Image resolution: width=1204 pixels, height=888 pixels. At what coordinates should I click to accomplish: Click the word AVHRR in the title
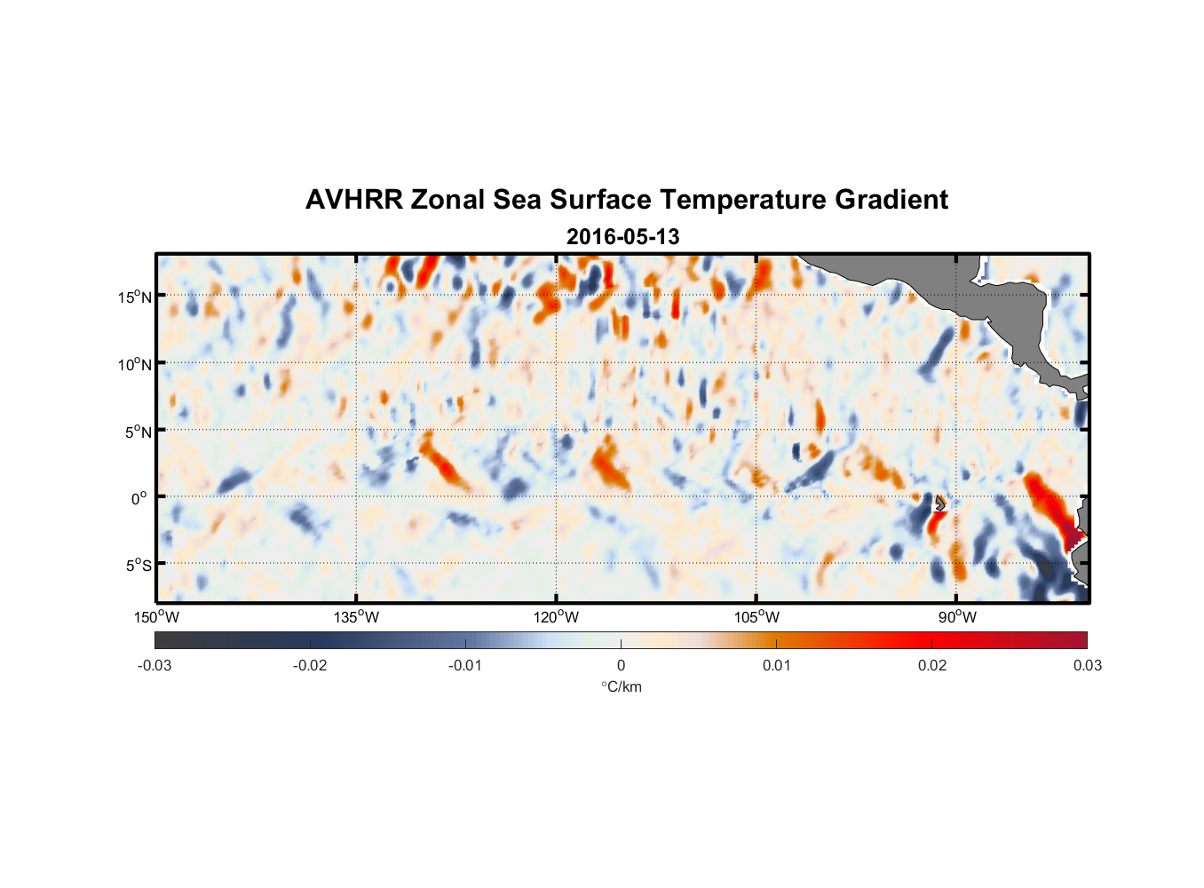tap(353, 200)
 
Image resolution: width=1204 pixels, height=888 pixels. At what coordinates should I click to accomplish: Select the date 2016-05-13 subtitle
tap(622, 237)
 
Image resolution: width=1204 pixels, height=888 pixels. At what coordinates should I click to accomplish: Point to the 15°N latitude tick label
tap(135, 297)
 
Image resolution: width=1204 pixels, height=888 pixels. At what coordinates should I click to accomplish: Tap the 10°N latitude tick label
tap(135, 364)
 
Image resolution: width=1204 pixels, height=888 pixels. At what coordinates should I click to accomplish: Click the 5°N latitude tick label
tap(138, 432)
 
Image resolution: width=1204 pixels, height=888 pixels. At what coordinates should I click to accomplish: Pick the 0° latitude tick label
tap(139, 498)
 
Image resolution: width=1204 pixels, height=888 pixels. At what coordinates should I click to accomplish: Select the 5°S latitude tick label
tap(138, 566)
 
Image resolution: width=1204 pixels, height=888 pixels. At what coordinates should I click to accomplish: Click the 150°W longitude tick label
tap(156, 617)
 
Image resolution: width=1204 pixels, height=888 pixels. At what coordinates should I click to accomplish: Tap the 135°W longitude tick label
tap(356, 617)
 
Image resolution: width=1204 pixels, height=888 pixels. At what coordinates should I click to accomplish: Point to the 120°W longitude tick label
tap(556, 617)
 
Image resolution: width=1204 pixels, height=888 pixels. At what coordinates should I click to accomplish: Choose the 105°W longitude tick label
tap(756, 617)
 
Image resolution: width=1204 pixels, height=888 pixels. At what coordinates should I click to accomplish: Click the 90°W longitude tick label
tap(957, 617)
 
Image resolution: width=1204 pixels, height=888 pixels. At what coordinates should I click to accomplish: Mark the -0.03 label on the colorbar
tap(154, 665)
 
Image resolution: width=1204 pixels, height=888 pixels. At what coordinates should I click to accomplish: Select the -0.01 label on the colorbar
tap(465, 665)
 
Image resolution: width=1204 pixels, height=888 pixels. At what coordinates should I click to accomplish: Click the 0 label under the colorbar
tap(621, 665)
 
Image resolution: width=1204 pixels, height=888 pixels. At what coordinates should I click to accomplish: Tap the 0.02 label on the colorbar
tap(932, 665)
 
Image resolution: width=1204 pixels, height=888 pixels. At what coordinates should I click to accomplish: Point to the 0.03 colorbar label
tap(1087, 665)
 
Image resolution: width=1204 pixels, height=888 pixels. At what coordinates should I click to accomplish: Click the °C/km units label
tap(621, 686)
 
